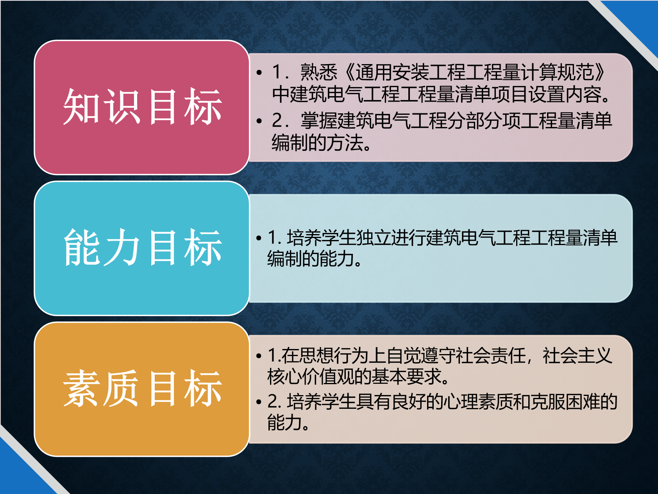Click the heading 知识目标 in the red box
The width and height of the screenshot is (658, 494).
[143, 107]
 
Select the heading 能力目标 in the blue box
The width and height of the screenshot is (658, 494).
[143, 248]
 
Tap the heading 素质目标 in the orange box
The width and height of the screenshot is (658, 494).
[143, 388]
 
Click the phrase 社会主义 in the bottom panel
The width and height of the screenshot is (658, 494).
[577, 356]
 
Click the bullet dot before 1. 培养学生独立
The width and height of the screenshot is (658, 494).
[259, 238]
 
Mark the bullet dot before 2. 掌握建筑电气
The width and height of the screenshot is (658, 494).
[259, 121]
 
